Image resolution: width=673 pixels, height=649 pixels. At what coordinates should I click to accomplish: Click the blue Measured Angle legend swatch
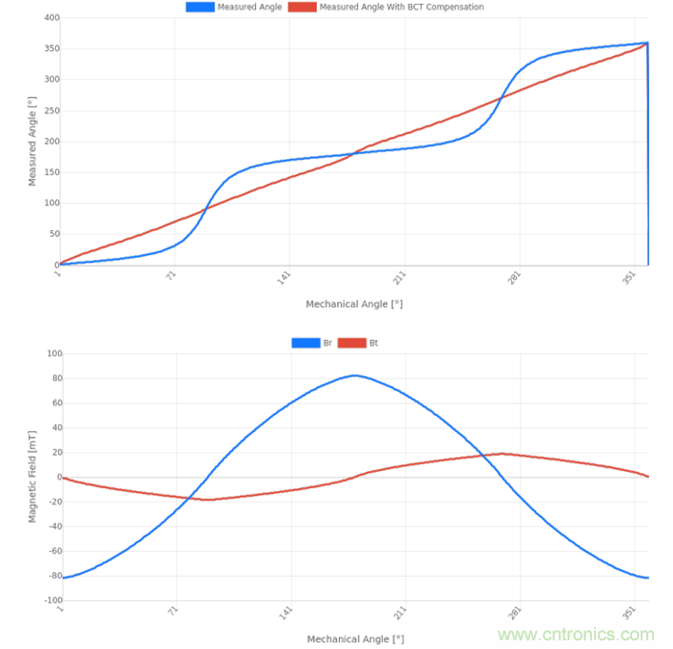(200, 7)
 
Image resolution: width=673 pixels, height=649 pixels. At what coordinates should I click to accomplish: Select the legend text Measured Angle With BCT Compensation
(401, 7)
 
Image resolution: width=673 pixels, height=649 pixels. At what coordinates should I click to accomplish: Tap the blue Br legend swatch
(307, 343)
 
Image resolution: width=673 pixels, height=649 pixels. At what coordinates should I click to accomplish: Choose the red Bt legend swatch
(352, 343)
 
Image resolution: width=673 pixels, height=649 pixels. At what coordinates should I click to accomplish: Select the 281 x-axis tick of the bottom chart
(517, 614)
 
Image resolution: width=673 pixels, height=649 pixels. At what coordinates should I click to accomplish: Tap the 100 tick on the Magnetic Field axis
(53, 354)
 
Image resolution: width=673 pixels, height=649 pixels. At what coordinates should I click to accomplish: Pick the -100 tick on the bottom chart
(51, 600)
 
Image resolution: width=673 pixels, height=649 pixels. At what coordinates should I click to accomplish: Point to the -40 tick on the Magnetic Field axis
(53, 526)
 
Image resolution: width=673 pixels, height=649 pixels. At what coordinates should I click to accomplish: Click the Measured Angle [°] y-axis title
(31, 141)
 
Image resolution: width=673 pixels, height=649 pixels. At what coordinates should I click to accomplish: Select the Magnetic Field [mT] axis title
(31, 474)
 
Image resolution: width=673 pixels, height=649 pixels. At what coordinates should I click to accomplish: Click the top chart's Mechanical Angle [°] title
(354, 305)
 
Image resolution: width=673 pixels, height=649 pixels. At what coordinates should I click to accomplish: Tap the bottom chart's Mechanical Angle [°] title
(354, 639)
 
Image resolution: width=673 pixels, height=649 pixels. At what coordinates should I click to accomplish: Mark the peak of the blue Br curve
(354, 375)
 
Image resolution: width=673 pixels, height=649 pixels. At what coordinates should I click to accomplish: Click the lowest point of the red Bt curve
(208, 500)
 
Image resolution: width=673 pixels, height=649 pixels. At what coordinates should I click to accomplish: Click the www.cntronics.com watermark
(577, 635)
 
